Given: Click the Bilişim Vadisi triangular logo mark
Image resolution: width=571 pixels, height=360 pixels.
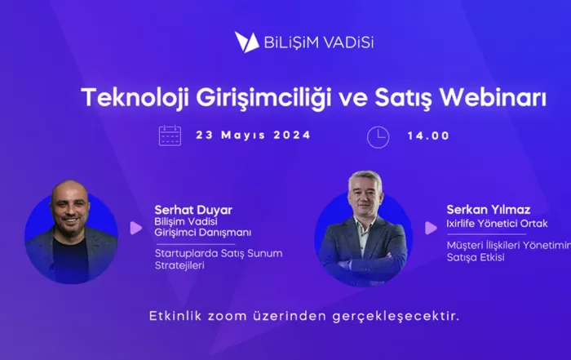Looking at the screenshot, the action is pos(246,42).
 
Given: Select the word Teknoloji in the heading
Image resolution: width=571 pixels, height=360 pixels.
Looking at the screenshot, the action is pos(135,99).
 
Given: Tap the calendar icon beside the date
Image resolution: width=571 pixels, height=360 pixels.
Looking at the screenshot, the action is pos(170,136).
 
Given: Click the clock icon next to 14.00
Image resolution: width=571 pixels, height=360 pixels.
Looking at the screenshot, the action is pos(378,137).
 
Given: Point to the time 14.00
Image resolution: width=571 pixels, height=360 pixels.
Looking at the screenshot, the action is pos(428,136).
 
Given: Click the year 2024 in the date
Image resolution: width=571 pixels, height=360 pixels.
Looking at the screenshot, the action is pos(292,135).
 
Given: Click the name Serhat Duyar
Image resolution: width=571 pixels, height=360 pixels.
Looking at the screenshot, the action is pos(193,210).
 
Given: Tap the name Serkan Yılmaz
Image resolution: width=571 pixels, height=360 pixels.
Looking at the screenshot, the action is pos(489,210).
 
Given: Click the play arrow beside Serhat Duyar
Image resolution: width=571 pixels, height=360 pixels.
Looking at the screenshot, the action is pos(136,228).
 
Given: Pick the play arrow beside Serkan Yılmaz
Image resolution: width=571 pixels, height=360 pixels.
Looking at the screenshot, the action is pos(431,228).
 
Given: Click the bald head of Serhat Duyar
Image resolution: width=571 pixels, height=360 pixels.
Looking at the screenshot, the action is pos(69,191).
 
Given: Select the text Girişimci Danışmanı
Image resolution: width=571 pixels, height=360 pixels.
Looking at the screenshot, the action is pos(203,233).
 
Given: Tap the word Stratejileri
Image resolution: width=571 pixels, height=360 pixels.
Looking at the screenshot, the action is pos(179,265).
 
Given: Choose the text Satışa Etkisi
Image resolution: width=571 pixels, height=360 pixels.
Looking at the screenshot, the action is pos(476,257).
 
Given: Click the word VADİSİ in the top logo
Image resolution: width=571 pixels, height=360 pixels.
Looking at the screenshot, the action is pos(349,42).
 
